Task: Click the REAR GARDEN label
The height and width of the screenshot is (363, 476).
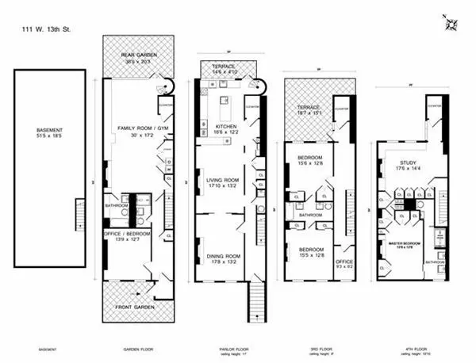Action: [139, 54]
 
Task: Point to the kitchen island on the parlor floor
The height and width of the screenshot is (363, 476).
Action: [225, 101]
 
